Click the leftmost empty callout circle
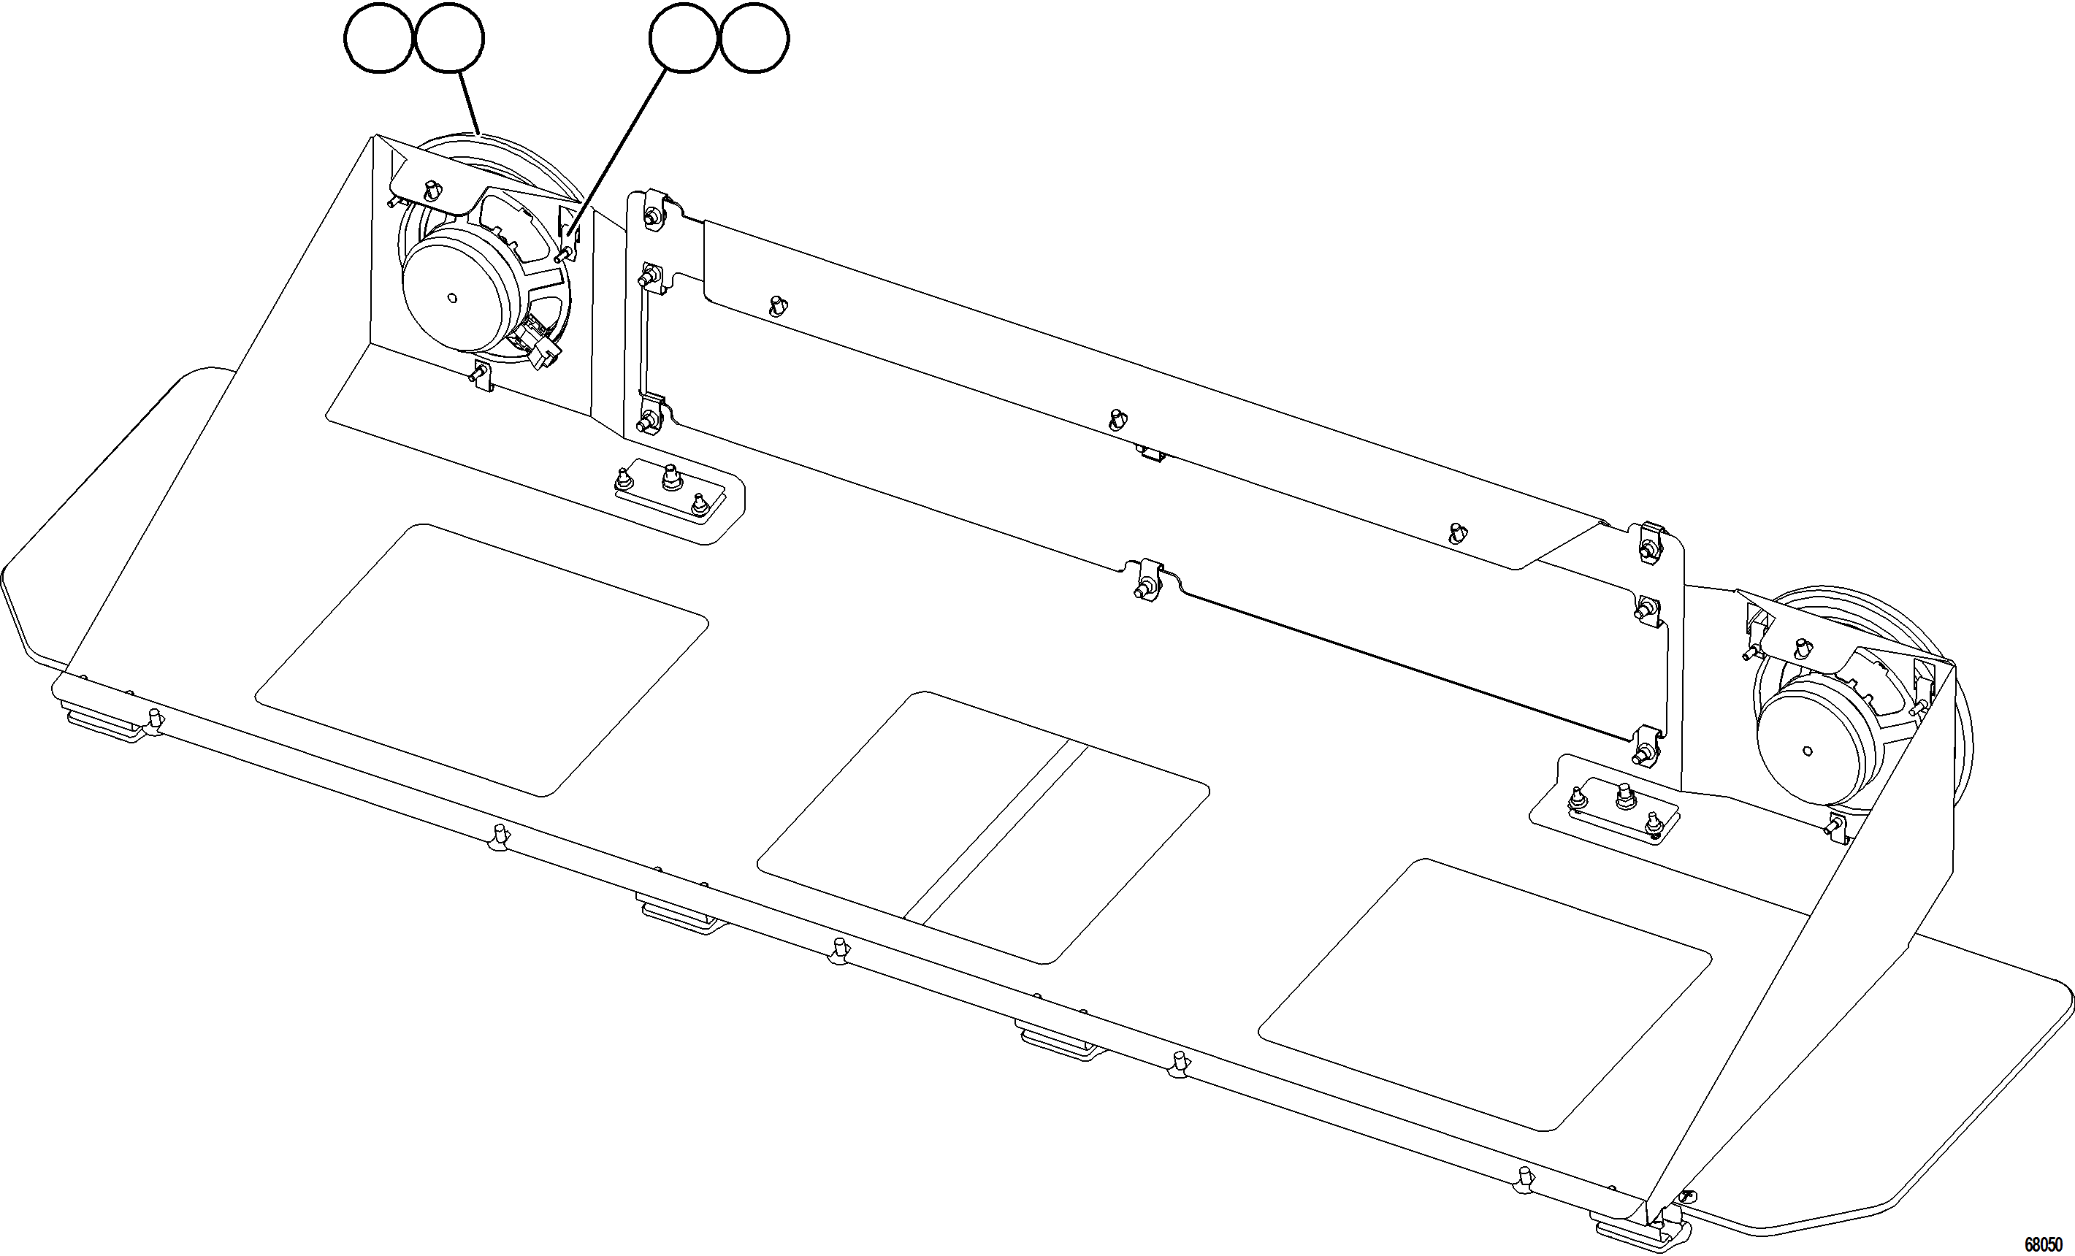pyautogui.click(x=378, y=38)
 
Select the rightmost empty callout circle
pyautogui.click(x=754, y=38)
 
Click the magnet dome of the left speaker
pyautogui.click(x=455, y=291)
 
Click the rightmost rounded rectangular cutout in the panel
pyautogui.click(x=1484, y=994)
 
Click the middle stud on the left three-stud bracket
pyautogui.click(x=670, y=478)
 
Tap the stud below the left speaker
pyautogui.click(x=481, y=372)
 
